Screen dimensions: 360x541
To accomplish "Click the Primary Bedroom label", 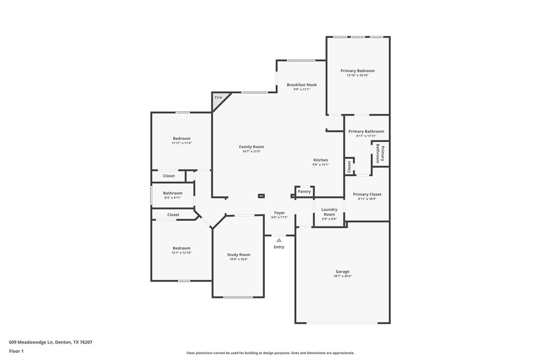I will (357, 71).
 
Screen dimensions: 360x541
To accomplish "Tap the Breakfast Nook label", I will (302, 84).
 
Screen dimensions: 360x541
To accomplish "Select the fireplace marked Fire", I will (219, 98).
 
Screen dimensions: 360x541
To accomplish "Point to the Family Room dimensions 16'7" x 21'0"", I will (251, 151).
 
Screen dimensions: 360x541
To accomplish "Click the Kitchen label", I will (320, 160).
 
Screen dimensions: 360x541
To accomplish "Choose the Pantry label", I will (304, 192).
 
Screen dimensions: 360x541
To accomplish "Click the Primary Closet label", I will (367, 194).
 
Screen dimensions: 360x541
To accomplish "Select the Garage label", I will (342, 271).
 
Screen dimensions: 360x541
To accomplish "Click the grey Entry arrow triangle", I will (279, 240).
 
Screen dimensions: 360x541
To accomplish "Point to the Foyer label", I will (279, 213).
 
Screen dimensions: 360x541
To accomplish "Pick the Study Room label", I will (238, 254).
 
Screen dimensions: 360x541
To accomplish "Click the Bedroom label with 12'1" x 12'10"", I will (181, 248).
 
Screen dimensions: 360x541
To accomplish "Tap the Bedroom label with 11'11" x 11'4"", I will (181, 138).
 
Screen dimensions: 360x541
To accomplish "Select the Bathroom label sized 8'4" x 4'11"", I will (172, 193).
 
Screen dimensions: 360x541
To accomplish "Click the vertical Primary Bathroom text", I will (380, 153).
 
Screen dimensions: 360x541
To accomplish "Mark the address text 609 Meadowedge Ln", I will (31, 342).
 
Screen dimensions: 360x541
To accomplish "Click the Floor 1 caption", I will (16, 351).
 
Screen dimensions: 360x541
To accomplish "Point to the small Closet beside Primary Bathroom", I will (349, 166).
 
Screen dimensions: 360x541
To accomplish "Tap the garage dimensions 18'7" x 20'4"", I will (342, 276).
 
